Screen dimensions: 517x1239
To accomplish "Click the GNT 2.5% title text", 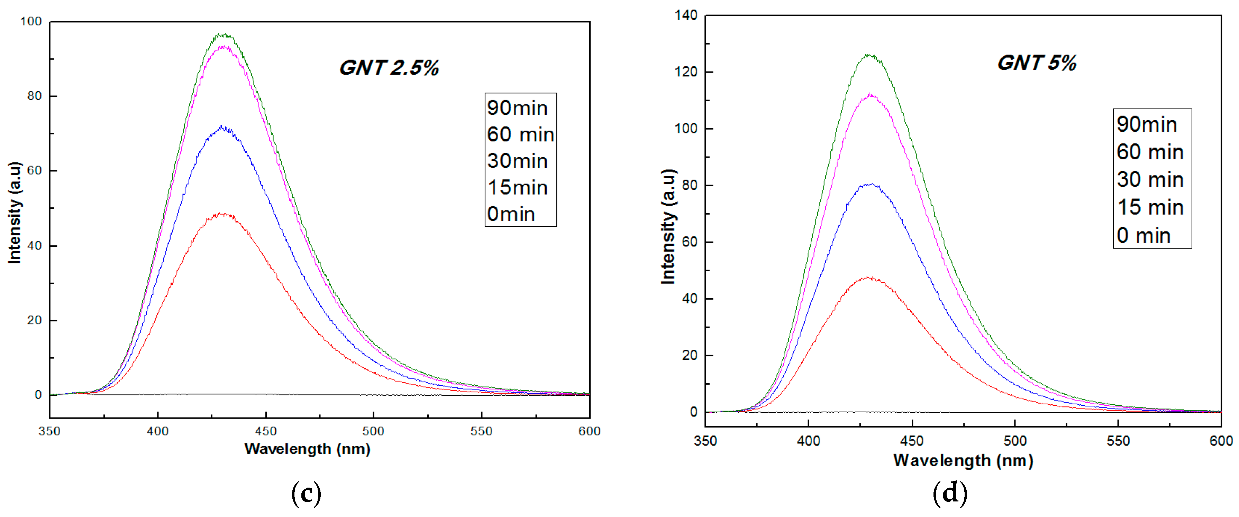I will tap(389, 68).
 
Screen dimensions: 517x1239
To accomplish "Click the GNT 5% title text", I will tap(1037, 63).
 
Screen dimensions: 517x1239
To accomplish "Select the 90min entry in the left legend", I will tap(517, 108).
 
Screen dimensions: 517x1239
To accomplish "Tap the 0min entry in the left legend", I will tap(511, 214).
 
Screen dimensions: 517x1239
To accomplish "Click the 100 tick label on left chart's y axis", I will tap(31, 22).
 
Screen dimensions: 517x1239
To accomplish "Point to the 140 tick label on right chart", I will tap(685, 15).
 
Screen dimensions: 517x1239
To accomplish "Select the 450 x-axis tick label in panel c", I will tap(265, 431).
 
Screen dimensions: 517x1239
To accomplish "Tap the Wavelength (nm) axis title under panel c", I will tap(307, 449).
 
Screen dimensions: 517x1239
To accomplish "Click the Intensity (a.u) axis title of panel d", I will tap(668, 226).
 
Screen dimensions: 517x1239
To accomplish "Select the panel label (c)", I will tap(306, 493).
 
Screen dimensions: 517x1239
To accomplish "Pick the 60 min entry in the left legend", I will tap(520, 134).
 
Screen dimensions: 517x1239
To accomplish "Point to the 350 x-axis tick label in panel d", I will tap(705, 441).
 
